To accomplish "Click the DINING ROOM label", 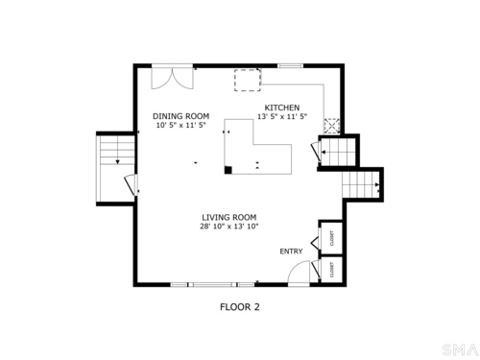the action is pos(180,116).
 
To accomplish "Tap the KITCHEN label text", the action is pos(282,108).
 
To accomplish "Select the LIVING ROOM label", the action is pos(229,217).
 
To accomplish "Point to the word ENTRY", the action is pos(291,252).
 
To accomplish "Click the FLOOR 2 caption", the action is pos(240,307).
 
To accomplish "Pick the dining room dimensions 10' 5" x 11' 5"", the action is pos(180,125).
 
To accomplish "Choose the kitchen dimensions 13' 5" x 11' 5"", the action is pos(282,116).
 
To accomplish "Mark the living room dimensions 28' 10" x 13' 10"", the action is pos(229,227).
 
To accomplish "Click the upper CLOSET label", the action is pos(332,238).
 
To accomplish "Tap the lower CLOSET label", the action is pos(332,270).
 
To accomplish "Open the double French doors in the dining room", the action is pos(172,77).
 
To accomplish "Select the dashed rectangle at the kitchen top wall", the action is pos(248,80).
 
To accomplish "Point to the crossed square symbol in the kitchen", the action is pos(332,126).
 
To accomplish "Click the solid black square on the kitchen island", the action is pos(228,170).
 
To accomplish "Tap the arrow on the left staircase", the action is pos(117,162).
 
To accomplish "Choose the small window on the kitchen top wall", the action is pos(290,66).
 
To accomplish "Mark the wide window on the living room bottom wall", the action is pos(213,284).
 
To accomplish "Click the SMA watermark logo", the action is pos(460,349).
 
